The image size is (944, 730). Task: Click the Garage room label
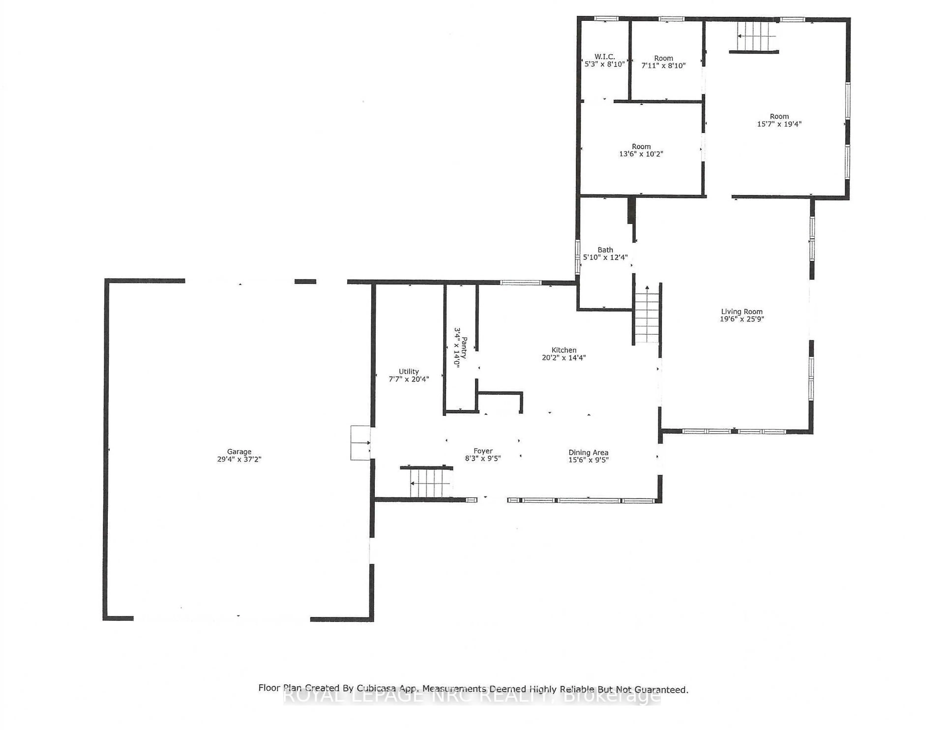[239, 452]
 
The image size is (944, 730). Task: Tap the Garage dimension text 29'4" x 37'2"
[239, 459]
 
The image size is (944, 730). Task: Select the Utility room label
[409, 371]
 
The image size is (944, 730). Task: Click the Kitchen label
[564, 350]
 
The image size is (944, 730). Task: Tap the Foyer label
[483, 451]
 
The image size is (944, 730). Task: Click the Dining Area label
[588, 452]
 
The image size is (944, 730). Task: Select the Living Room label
[742, 311]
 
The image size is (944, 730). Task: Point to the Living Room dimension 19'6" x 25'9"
[742, 319]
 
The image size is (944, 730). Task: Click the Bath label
[605, 250]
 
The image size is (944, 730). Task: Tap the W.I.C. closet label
[604, 57]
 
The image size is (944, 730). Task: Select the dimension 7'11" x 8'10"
[664, 66]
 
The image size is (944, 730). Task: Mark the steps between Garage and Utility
[360, 443]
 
